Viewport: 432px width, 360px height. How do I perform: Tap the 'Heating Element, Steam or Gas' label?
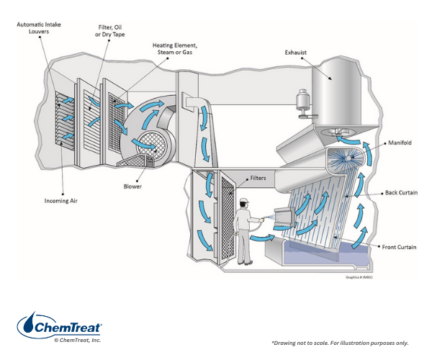(175, 48)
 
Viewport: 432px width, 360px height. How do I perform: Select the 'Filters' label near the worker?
(261, 177)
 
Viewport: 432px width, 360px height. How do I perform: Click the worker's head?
(243, 203)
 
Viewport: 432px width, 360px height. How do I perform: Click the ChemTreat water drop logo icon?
(32, 324)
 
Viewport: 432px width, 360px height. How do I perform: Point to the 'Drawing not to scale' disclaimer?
(339, 343)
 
